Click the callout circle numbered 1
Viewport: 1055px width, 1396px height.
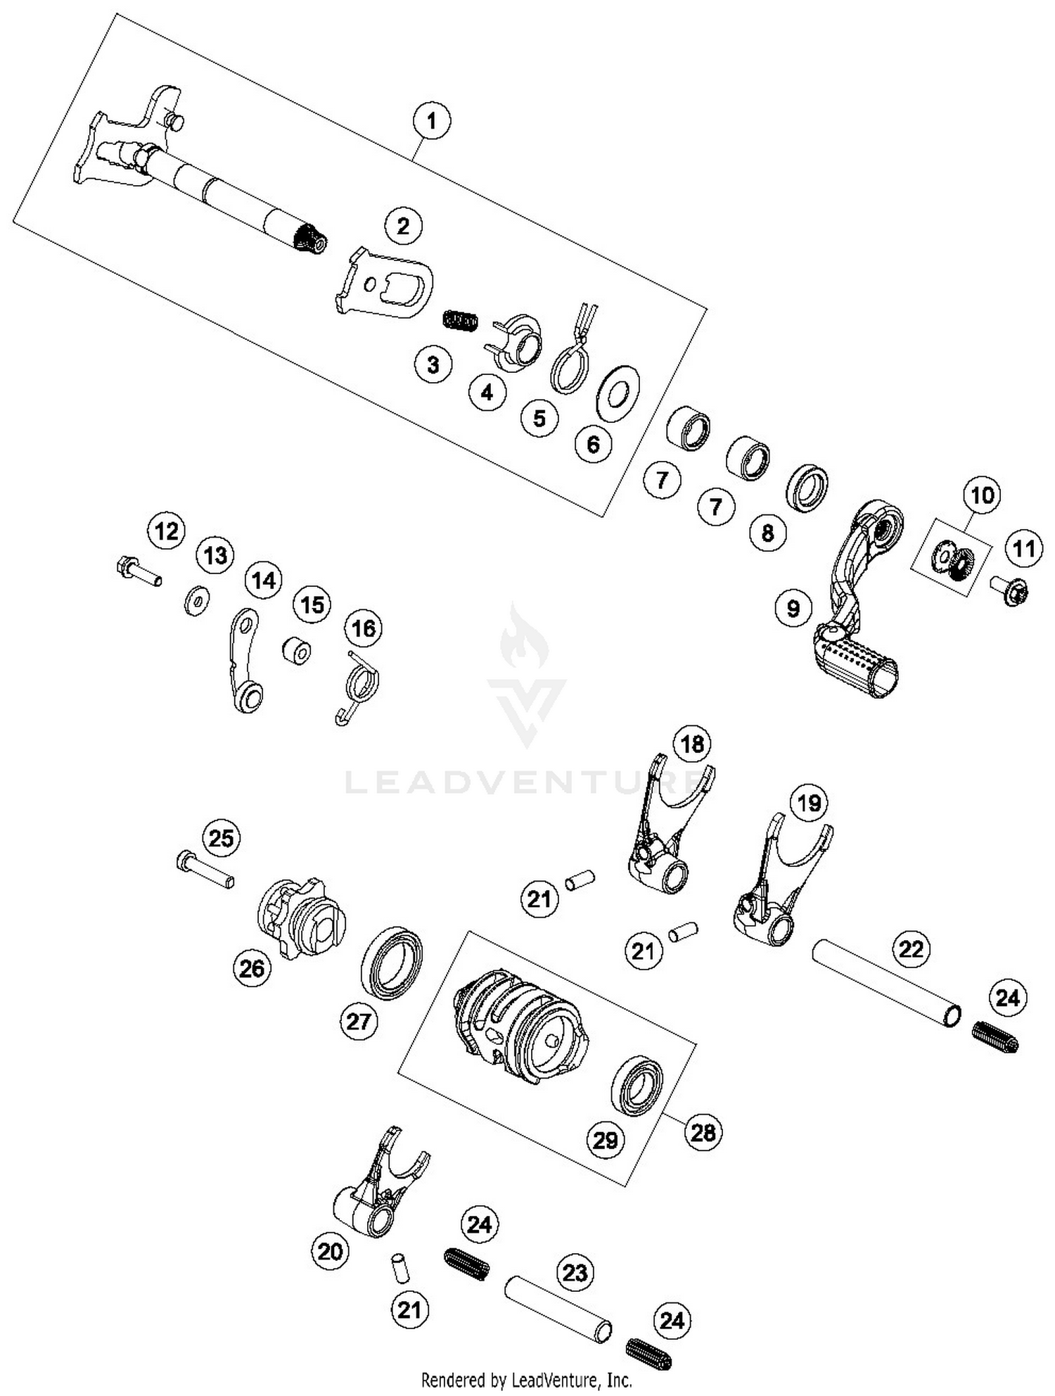tap(431, 121)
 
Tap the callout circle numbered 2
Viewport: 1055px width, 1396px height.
tap(403, 226)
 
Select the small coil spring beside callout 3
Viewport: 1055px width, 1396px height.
tap(461, 320)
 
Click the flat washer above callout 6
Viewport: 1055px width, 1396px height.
tap(618, 393)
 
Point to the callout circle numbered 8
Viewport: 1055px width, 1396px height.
tap(767, 532)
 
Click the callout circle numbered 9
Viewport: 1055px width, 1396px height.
tap(793, 607)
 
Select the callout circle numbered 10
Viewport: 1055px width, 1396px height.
tap(982, 495)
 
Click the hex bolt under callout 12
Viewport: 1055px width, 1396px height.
tap(138, 570)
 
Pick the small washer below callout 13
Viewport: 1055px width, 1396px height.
tap(196, 601)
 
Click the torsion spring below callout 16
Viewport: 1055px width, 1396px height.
tap(360, 687)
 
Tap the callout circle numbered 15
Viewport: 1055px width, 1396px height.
tap(312, 604)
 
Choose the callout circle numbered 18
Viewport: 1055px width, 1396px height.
tap(692, 744)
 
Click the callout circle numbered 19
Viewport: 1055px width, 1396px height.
tap(809, 802)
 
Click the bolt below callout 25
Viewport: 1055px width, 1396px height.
tap(204, 869)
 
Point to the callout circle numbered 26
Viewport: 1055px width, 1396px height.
tap(252, 968)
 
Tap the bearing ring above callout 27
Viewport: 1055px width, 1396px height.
tap(392, 963)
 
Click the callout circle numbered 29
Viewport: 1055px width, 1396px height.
tap(605, 1139)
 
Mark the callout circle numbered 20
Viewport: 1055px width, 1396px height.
tap(330, 1250)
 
